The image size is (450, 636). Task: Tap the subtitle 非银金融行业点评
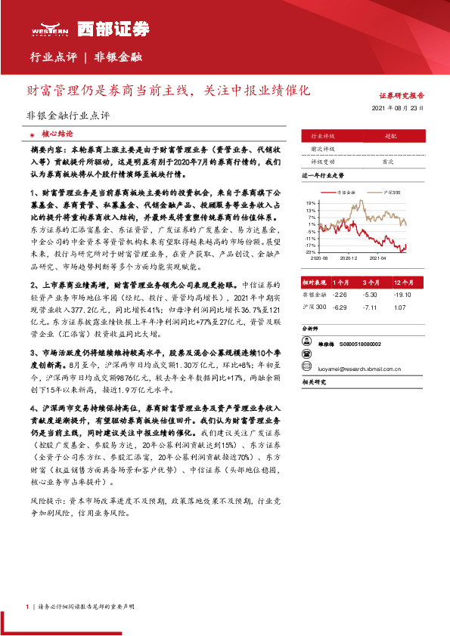(x=68, y=116)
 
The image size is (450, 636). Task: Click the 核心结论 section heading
(x=58, y=131)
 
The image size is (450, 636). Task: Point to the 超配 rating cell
(x=390, y=136)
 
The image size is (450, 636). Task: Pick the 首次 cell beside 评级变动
(x=388, y=162)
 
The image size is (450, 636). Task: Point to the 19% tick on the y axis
(x=311, y=203)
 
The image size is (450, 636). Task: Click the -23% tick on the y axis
(x=310, y=252)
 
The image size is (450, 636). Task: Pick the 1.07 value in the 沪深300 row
(x=401, y=307)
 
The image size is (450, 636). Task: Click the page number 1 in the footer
(x=26, y=607)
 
